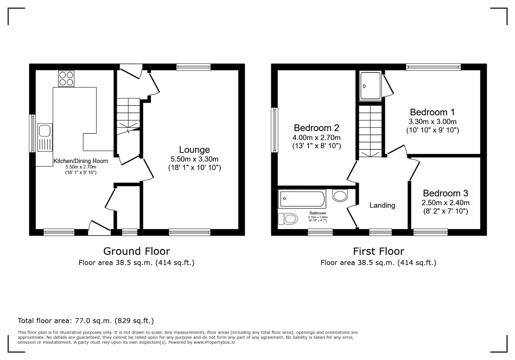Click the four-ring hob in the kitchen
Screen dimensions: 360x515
click(x=66, y=79)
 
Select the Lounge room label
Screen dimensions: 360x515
click(x=194, y=150)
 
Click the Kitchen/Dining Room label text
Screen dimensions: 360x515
click(x=81, y=161)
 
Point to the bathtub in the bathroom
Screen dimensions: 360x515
click(x=302, y=199)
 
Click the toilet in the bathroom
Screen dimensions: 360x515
click(x=288, y=219)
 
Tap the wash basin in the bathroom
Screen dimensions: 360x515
click(x=340, y=195)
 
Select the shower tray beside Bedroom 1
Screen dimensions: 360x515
click(x=370, y=86)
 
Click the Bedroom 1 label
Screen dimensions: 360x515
click(x=432, y=112)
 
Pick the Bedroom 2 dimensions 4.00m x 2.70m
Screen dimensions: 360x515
click(x=316, y=137)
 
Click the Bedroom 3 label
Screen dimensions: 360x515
click(x=445, y=193)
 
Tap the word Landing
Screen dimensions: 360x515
click(x=382, y=205)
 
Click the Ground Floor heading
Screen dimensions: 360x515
click(x=136, y=251)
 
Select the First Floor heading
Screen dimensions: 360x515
click(x=379, y=251)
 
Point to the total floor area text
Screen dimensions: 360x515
click(x=86, y=321)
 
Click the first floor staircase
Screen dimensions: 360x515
click(x=370, y=131)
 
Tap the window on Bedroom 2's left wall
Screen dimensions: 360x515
click(x=274, y=130)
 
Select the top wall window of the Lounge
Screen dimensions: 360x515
click(x=193, y=67)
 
